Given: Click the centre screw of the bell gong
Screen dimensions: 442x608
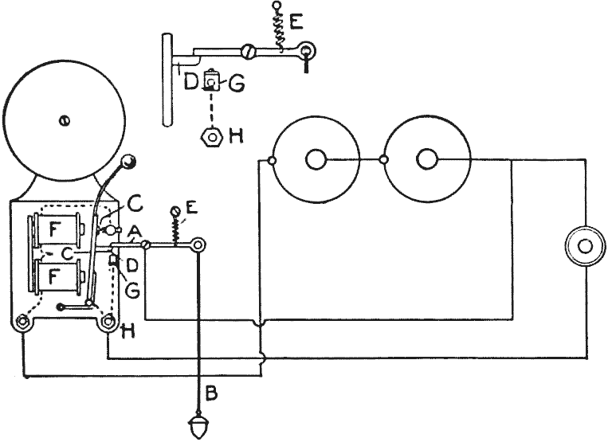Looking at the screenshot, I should [63, 119].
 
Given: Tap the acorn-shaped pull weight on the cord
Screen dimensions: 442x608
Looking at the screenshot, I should [197, 424].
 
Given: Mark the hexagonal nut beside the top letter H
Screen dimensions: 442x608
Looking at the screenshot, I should [210, 135].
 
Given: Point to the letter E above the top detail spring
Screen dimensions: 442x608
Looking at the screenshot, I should [297, 22].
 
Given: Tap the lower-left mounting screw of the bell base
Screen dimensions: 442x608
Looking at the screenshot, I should [22, 323].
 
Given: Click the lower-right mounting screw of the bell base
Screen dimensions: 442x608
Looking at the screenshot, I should [107, 323].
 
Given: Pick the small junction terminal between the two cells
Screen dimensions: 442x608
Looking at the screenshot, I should [384, 160].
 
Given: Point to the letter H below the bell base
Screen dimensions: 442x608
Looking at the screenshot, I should [127, 330].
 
